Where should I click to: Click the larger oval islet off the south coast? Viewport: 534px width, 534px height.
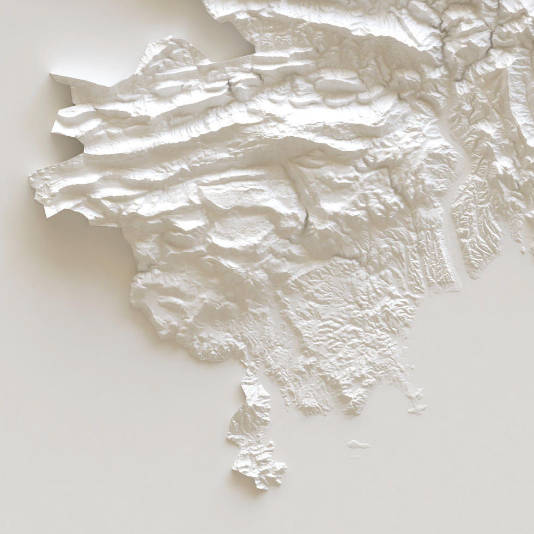359,445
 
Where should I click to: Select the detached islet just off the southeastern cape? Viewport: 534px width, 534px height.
417,408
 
